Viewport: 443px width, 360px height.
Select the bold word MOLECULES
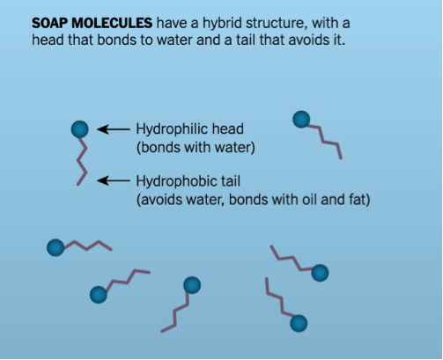[x=112, y=23]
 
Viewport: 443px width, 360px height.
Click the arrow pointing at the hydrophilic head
[x=114, y=129]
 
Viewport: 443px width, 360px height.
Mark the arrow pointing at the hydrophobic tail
[x=114, y=180]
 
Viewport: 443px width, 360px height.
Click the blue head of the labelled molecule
[x=79, y=129]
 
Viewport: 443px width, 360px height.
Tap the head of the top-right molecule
[x=301, y=120]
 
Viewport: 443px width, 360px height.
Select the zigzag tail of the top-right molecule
[x=322, y=142]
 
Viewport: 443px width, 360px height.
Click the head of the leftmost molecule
[x=55, y=247]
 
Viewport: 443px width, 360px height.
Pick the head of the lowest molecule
[x=299, y=323]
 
